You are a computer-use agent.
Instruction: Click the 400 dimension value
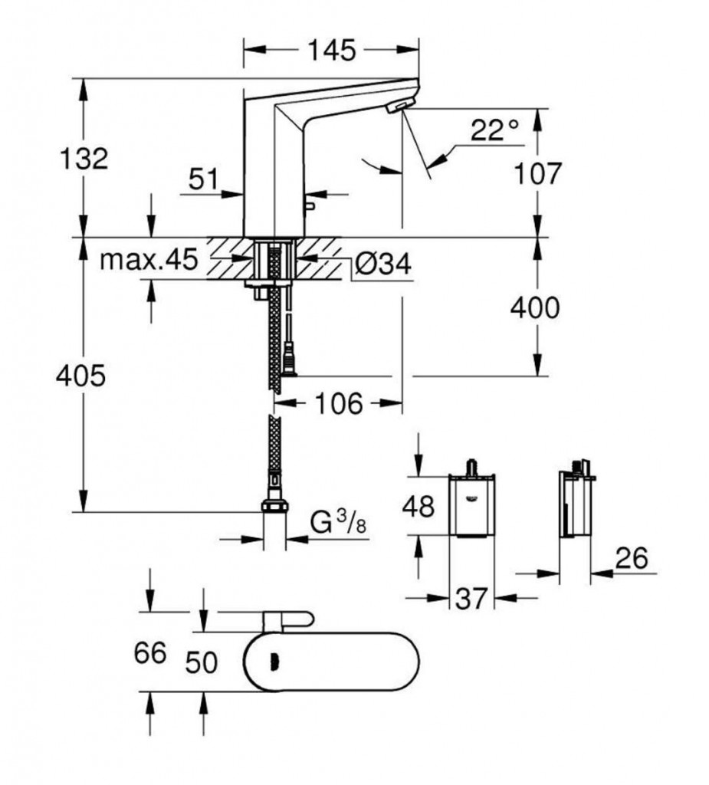tap(536, 308)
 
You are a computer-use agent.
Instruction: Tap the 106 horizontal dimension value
tap(337, 403)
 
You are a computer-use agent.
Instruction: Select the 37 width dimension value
tap(471, 599)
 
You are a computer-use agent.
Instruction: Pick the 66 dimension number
tap(150, 653)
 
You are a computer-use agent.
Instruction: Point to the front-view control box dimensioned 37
tap(471, 506)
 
